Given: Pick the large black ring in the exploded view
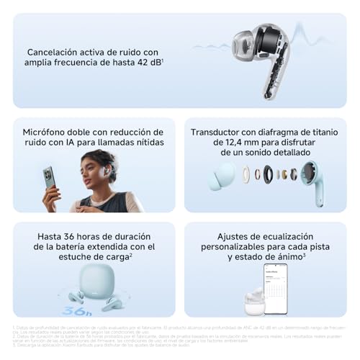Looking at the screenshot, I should tap(268, 174).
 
